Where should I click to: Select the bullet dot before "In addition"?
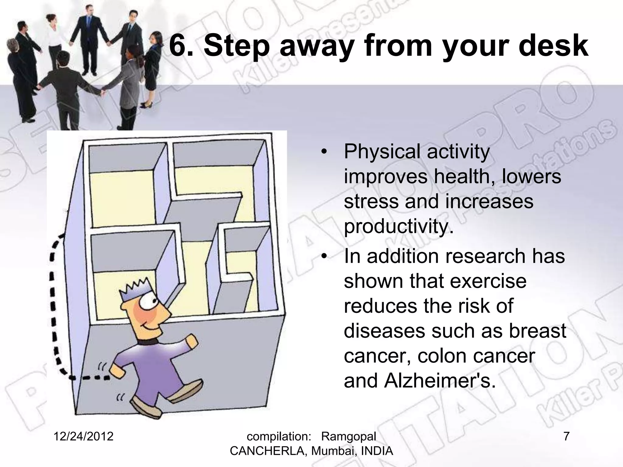[x=325, y=256]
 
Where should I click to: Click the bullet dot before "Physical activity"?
[x=325, y=152]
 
